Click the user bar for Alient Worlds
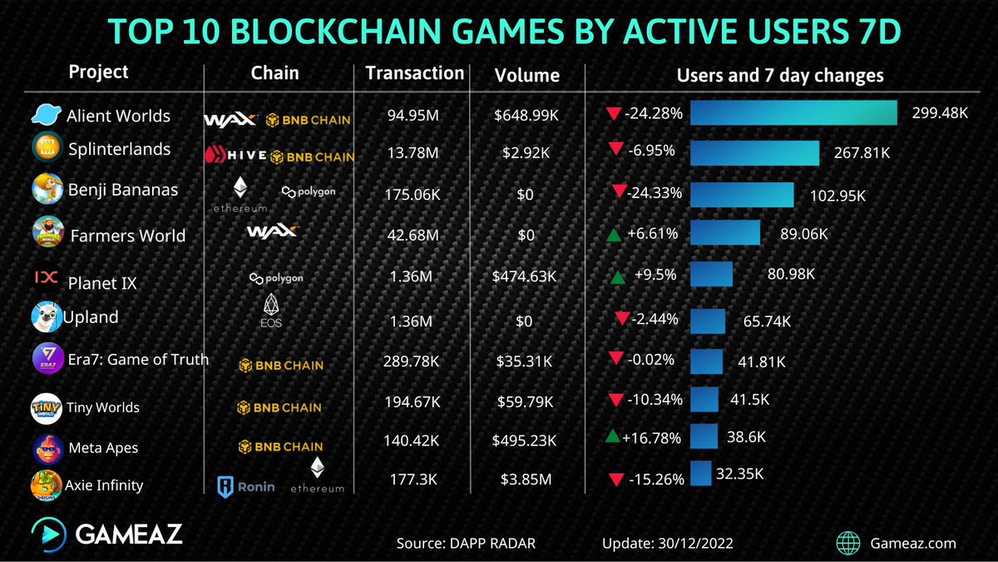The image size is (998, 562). coord(793,113)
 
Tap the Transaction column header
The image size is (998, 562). coord(414,73)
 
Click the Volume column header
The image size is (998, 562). coord(526,76)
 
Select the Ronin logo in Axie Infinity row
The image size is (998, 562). coord(245,485)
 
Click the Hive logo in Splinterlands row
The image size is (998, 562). coord(236,156)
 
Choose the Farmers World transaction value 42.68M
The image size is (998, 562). coord(414,236)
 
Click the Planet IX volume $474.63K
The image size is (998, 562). coord(526,276)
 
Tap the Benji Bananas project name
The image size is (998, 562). coord(122,189)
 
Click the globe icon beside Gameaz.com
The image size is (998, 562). coord(848,543)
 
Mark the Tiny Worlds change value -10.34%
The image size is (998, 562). coord(654,400)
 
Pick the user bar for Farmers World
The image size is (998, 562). coord(724,233)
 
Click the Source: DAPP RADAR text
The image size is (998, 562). coord(466,544)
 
